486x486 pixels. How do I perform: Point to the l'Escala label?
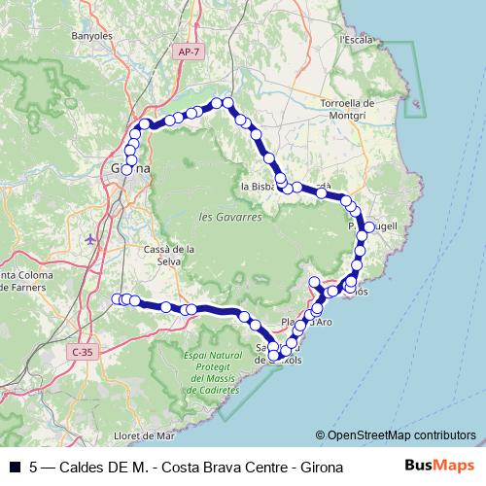coord(356,40)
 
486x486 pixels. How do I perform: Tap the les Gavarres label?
coord(229,217)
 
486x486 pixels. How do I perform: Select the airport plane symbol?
coord(91,238)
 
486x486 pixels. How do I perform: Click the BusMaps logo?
coord(440,466)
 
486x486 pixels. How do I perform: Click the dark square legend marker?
coord(14,467)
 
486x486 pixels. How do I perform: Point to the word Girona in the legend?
coord(320,467)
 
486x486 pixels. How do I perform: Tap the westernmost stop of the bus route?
coord(118,298)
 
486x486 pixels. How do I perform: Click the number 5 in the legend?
coord(35,467)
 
